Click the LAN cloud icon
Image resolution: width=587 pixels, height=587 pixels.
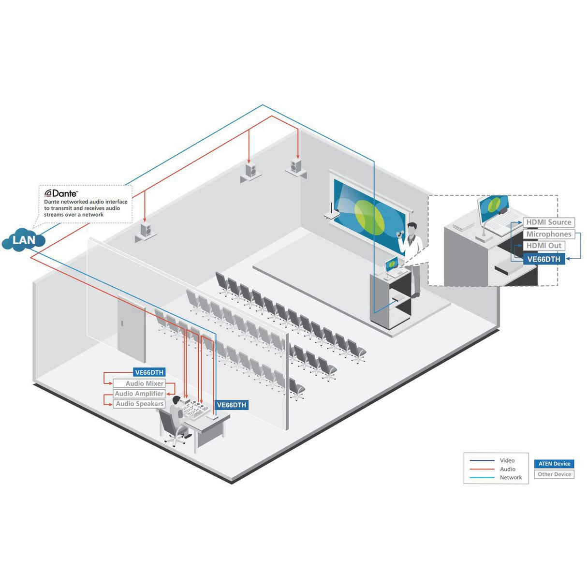point(23,240)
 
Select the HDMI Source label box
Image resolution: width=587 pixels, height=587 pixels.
point(548,222)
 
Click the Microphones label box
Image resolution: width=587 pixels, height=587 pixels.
point(548,234)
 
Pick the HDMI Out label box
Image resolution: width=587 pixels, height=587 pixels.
point(543,246)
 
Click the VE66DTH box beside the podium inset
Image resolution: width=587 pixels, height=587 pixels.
point(543,259)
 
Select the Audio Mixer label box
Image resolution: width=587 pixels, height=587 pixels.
point(139,383)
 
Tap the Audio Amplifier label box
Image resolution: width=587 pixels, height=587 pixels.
point(139,394)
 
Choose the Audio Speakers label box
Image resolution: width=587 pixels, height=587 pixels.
point(139,404)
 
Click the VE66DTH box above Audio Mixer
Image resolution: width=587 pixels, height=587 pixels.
point(149,372)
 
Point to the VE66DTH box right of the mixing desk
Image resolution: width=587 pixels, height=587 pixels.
point(231,405)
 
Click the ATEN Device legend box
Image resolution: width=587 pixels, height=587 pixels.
point(554,464)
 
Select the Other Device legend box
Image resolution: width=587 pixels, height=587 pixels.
point(554,474)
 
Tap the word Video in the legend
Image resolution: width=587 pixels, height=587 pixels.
point(507,460)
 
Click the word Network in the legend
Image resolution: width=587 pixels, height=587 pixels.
point(511,478)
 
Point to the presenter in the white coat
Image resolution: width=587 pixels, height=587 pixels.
point(412,242)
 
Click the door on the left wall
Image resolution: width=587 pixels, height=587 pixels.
point(131,329)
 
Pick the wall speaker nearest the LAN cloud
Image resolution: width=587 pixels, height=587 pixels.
point(146,231)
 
